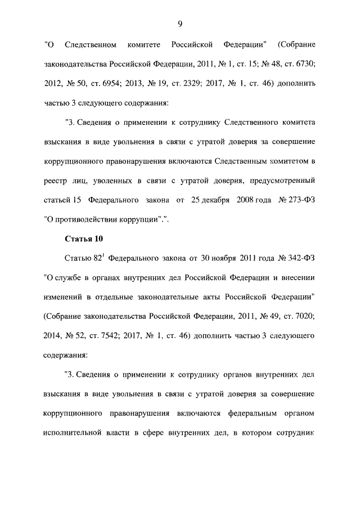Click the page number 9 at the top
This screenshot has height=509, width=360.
pyautogui.click(x=179, y=23)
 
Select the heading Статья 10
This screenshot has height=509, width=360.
pyautogui.click(x=84, y=239)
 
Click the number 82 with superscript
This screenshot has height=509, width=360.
pyautogui.click(x=96, y=259)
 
